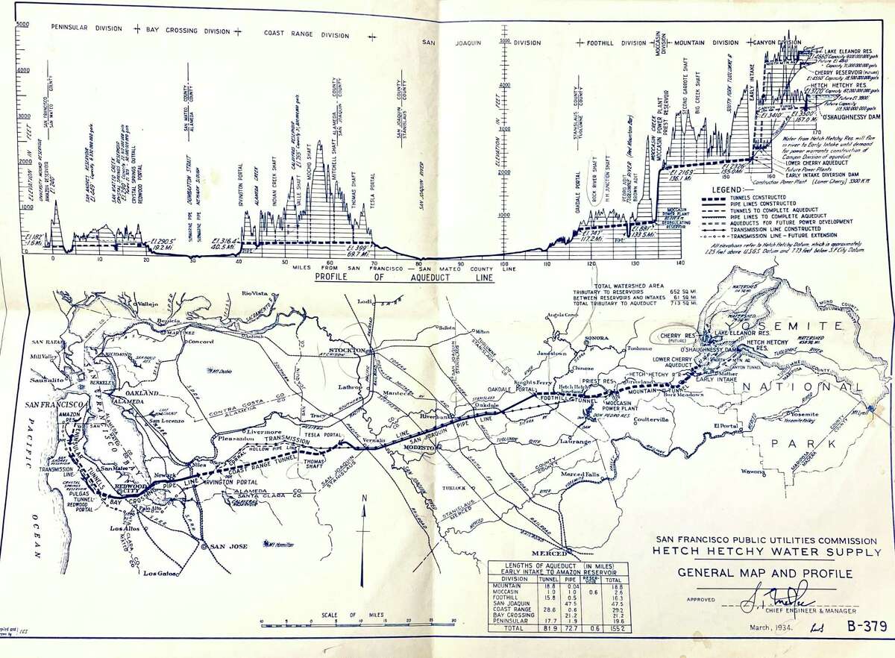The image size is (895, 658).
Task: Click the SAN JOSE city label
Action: point(228,546)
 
